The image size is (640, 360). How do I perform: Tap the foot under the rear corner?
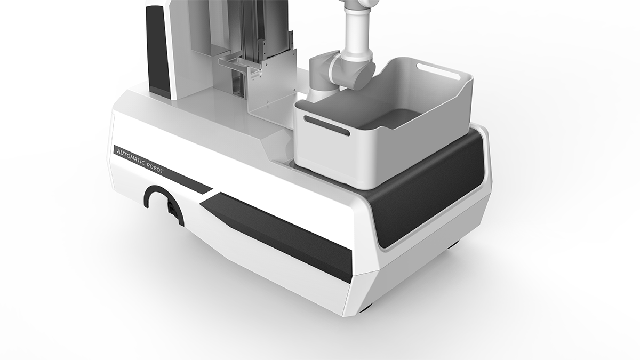tap(453, 246)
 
